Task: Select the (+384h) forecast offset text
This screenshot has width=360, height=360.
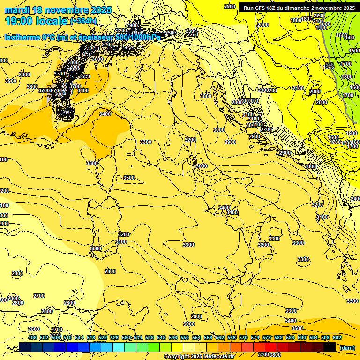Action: [83, 21]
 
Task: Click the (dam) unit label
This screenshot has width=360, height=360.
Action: [347, 347]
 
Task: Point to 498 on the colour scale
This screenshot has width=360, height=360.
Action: [32, 337]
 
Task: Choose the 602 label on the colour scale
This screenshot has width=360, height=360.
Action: [337, 337]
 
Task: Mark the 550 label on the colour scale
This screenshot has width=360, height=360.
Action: [185, 337]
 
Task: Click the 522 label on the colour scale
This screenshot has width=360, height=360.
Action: [103, 337]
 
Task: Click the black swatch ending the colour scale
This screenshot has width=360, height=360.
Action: [330, 347]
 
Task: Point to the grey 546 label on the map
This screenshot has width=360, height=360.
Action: [329, 65]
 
